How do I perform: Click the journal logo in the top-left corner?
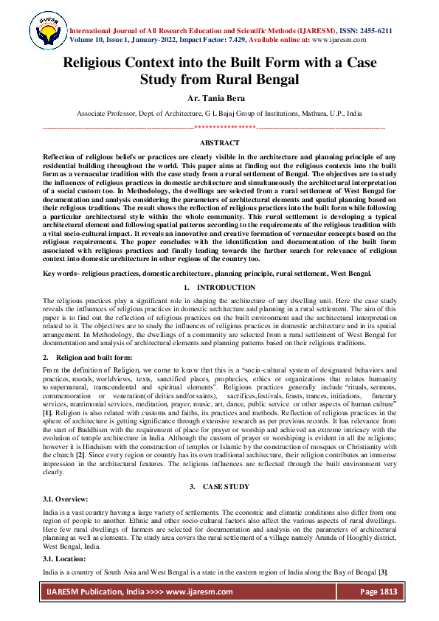tap(46, 30)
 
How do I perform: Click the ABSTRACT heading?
tap(219, 143)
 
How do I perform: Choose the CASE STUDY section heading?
tap(226, 486)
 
